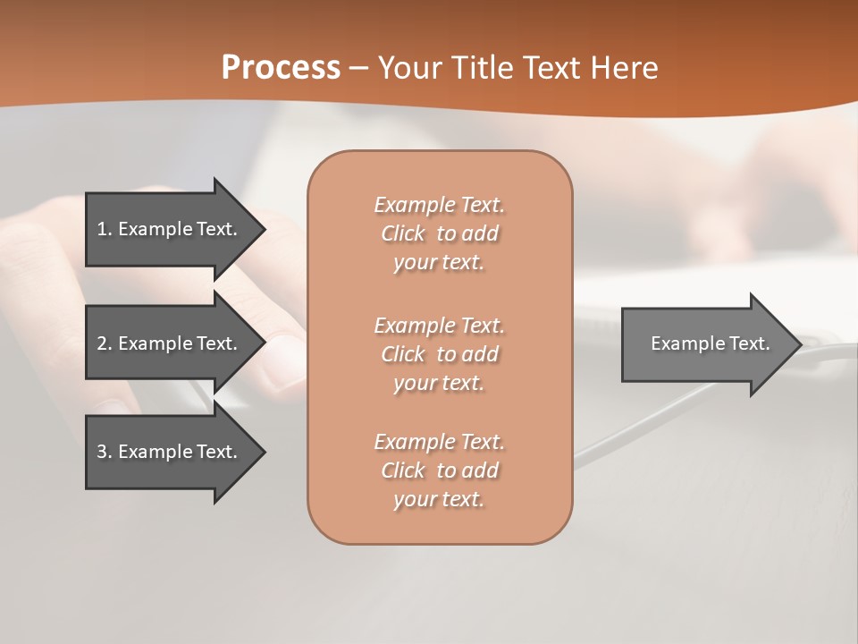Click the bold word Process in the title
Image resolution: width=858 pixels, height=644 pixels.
tap(281, 68)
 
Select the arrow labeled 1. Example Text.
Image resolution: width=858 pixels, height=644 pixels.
tap(170, 229)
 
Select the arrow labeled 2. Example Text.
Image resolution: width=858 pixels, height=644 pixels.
tap(170, 343)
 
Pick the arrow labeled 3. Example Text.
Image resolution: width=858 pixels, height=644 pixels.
tap(170, 452)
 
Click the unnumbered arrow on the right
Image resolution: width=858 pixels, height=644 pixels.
tap(706, 343)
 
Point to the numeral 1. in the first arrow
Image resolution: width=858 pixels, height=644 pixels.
tap(105, 229)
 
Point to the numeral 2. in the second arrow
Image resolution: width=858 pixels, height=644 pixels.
tap(105, 343)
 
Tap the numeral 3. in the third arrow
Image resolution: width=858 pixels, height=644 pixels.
tap(105, 452)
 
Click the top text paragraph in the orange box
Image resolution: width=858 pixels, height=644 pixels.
tap(439, 233)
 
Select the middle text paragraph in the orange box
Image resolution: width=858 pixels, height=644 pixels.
tap(439, 354)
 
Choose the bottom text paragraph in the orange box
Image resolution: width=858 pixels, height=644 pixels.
tap(439, 470)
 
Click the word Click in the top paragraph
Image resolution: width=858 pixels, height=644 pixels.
tap(403, 233)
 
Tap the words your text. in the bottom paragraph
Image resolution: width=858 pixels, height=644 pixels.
tap(439, 500)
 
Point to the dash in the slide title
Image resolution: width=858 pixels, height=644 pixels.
tap(359, 68)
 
